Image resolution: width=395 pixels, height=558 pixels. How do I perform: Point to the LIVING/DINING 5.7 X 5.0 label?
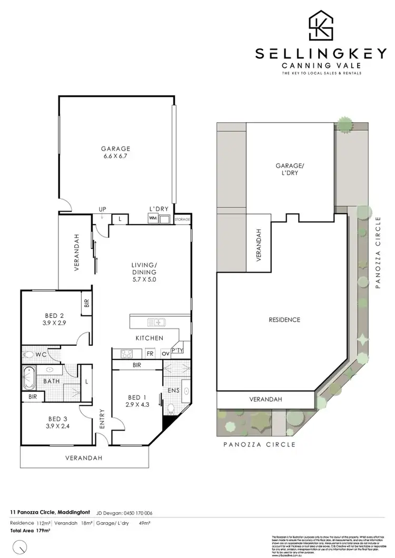tap(145, 272)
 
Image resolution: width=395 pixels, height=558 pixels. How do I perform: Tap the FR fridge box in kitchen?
tap(150, 354)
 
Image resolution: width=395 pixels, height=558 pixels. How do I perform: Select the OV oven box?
tap(164, 354)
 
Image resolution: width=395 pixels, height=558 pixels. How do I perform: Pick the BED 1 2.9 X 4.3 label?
tap(134, 401)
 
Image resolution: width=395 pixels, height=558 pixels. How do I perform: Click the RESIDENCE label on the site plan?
tap(284, 320)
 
